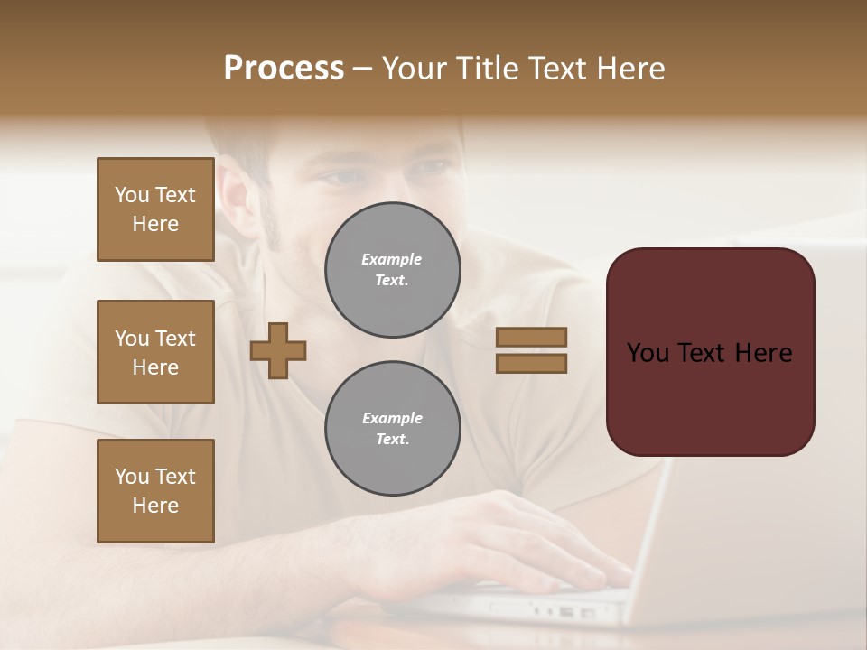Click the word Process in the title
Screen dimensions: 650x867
click(x=284, y=69)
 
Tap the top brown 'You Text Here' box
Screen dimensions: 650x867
click(x=155, y=209)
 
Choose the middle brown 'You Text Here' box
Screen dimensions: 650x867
click(x=155, y=352)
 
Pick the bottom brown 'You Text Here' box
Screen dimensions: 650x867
click(x=155, y=491)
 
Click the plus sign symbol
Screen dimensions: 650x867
click(x=278, y=351)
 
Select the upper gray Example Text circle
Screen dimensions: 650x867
click(x=392, y=270)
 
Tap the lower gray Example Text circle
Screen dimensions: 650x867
click(x=392, y=428)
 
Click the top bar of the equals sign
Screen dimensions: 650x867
click(x=531, y=338)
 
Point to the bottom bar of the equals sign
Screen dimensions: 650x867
click(x=531, y=364)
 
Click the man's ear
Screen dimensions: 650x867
click(x=237, y=194)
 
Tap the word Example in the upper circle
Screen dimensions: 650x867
click(x=392, y=260)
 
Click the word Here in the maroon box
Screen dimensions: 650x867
click(x=763, y=353)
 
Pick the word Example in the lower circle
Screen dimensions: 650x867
click(x=392, y=418)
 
